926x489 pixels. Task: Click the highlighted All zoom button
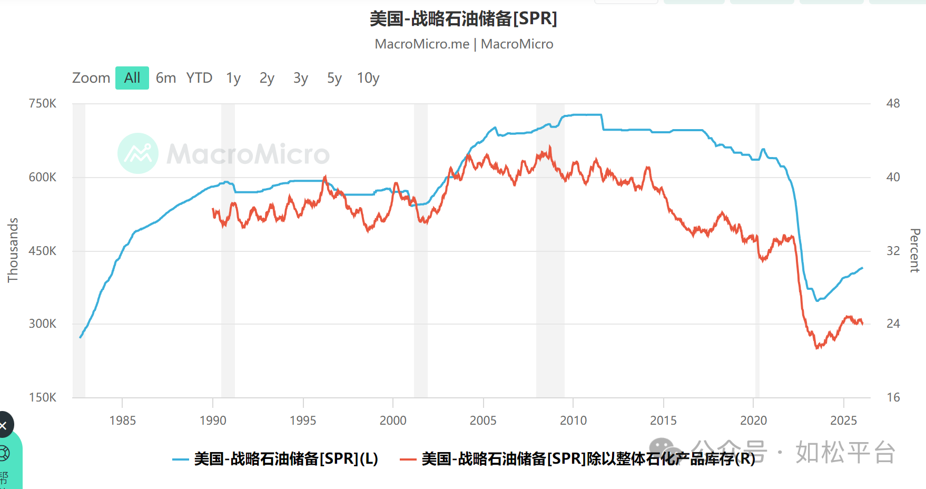[x=132, y=78]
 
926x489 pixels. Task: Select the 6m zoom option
[x=166, y=78]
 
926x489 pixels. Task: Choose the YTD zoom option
[x=199, y=78]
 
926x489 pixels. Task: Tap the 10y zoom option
[x=368, y=78]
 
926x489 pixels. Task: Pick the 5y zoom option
[x=334, y=78]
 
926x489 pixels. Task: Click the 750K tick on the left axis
[x=43, y=103]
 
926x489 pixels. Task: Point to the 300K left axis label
[x=43, y=324]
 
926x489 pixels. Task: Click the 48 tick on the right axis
[x=893, y=103]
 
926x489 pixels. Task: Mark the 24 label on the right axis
[x=893, y=324]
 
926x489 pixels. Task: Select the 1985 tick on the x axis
[x=122, y=420]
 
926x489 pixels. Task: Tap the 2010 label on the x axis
[x=573, y=420]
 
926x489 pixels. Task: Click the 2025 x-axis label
[x=843, y=420]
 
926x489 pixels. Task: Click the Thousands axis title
[x=13, y=250]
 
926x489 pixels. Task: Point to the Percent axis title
[x=915, y=250]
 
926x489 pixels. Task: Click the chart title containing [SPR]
[x=463, y=19]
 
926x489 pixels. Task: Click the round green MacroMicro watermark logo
[x=138, y=153]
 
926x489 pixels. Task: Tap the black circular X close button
[x=4, y=425]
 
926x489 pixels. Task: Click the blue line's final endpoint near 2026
[x=862, y=268]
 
